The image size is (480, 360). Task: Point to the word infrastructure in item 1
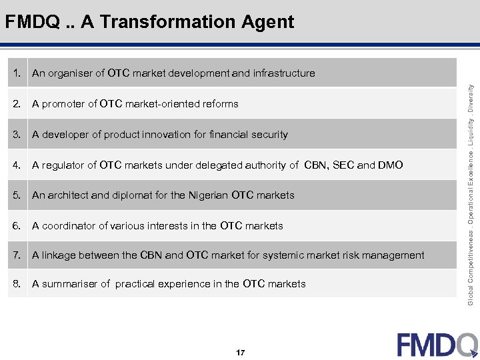[284, 73]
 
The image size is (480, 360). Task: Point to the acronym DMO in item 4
[391, 165]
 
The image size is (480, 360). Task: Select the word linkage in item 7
[59, 255]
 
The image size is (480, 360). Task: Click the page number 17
[240, 351]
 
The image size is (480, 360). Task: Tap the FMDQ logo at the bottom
[437, 345]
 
